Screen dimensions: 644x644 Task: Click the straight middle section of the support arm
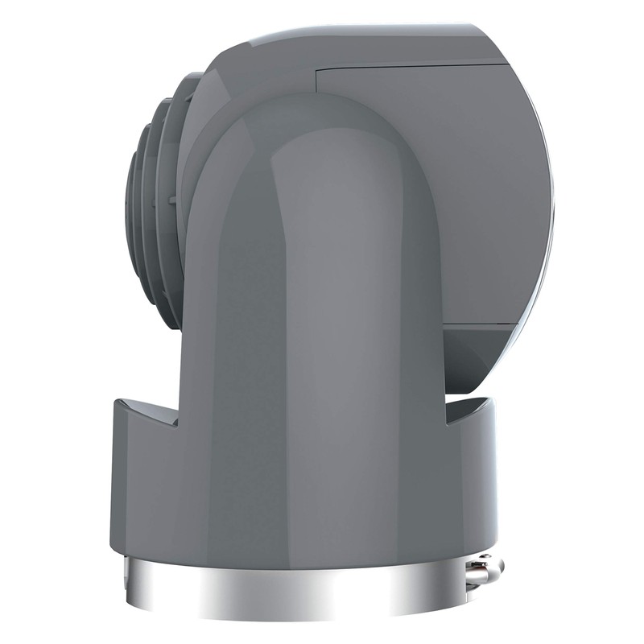pos(322,282)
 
